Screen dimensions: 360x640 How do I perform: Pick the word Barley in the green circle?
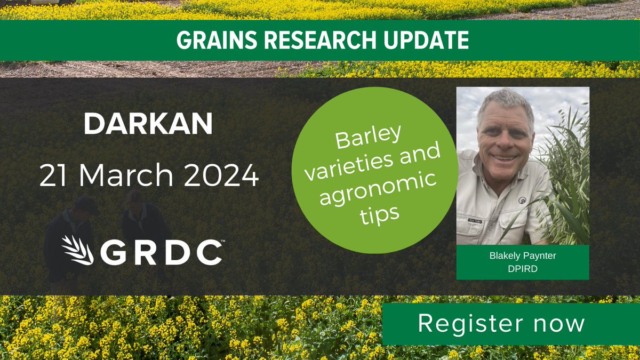click(x=368, y=141)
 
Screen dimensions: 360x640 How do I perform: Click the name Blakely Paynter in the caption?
click(x=523, y=256)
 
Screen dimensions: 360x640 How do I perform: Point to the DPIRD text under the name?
click(x=523, y=269)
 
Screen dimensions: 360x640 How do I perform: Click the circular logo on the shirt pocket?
click(x=522, y=201)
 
